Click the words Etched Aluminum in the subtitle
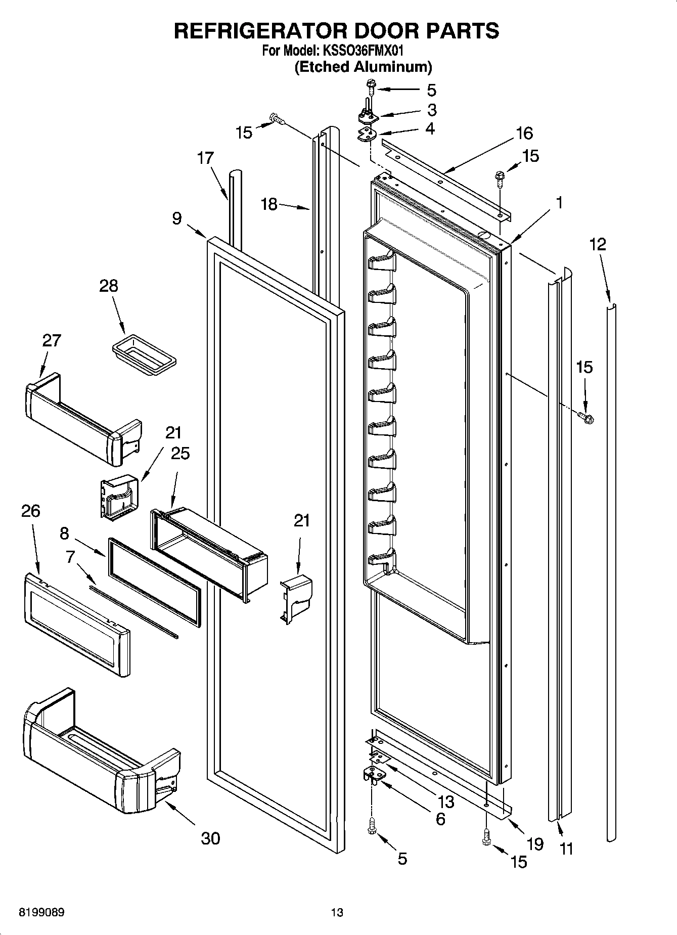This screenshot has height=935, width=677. (363, 67)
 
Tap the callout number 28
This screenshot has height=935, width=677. (108, 286)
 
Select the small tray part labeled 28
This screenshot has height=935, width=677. (144, 355)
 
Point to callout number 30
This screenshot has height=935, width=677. (210, 838)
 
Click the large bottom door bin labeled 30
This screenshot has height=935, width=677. (101, 753)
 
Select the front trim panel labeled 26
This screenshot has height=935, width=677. (76, 625)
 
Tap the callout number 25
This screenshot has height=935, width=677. (180, 453)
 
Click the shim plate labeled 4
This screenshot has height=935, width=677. (368, 136)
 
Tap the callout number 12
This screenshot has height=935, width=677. (597, 244)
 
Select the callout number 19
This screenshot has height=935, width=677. (535, 843)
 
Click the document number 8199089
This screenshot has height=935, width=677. (41, 912)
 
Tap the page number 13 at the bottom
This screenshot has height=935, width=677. (337, 912)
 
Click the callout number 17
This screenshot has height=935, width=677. (205, 158)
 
